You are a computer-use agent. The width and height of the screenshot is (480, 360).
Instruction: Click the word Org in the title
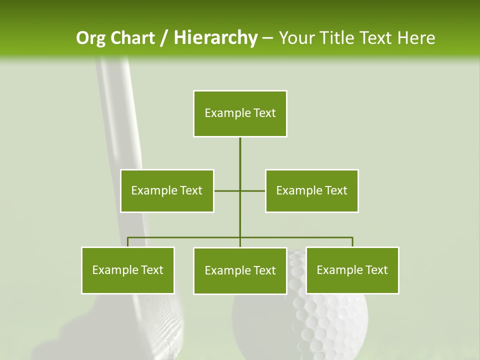coord(91,38)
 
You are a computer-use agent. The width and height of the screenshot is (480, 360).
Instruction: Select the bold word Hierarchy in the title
coord(215,38)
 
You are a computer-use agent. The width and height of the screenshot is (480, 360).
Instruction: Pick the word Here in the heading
coord(415,38)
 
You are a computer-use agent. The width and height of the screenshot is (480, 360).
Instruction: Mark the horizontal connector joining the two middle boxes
coord(252,190)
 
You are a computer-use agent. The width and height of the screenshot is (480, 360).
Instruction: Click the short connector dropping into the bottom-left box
coord(128,242)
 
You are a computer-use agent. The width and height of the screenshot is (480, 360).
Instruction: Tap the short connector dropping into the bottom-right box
coord(352,242)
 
